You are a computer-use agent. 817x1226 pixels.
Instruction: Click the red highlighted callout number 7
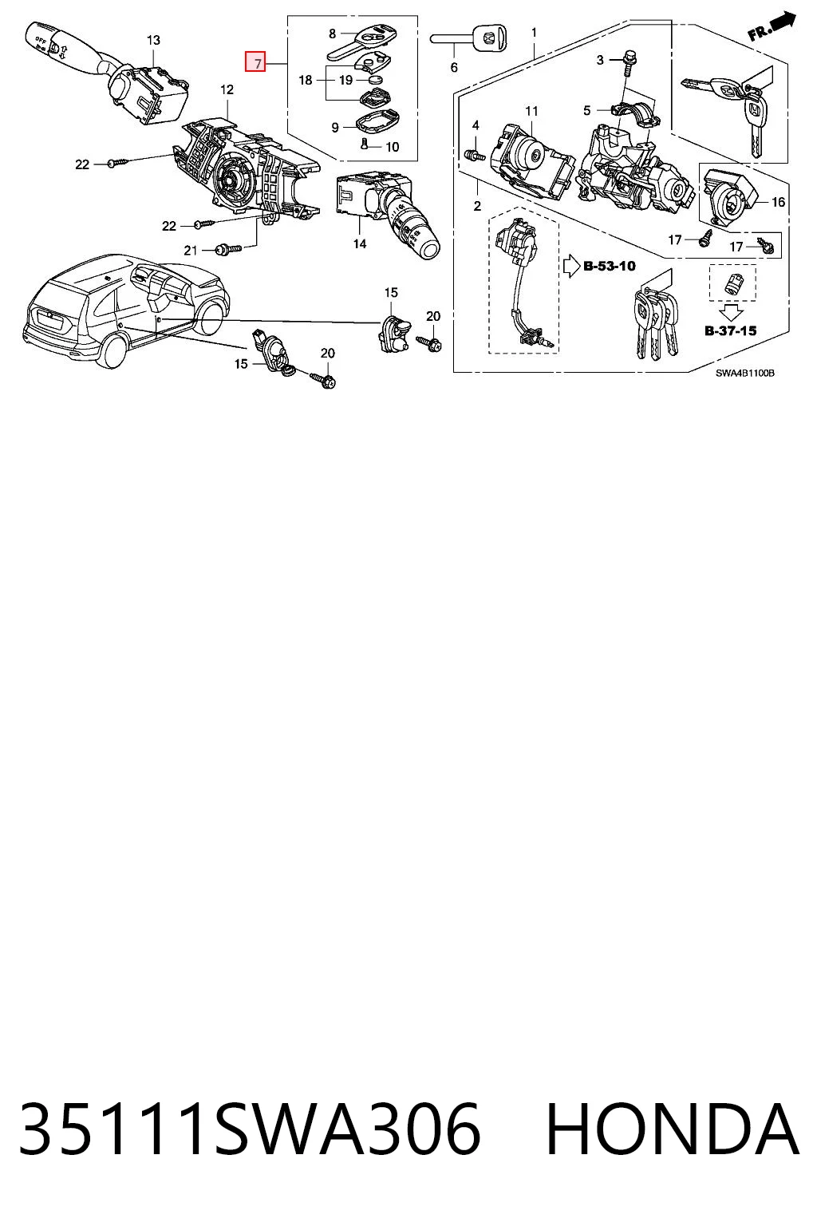pos(255,61)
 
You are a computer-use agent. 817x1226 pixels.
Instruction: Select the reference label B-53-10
pos(609,266)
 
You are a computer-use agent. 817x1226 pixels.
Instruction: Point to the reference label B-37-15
pos(730,330)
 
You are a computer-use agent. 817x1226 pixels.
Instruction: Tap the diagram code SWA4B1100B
pos(744,374)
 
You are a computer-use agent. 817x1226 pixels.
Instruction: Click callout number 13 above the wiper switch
pos(153,40)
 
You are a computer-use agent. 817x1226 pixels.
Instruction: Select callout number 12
pos(227,89)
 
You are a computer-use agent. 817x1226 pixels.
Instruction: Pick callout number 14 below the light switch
pos(359,243)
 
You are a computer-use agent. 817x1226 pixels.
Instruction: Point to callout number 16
pos(778,203)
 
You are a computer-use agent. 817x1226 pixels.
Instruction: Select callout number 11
pos(531,111)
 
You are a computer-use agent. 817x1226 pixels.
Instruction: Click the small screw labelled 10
pos(364,144)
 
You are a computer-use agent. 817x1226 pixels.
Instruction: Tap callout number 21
pos(190,250)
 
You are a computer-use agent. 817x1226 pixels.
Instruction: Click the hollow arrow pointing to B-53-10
pos(571,266)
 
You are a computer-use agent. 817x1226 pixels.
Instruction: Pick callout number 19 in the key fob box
pos(345,80)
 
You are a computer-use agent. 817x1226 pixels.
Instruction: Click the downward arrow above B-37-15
pos(731,313)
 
